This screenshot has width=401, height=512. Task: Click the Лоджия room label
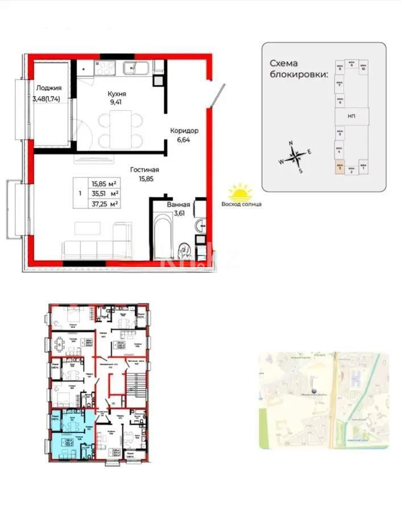point(48,88)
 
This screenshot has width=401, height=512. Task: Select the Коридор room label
point(184,130)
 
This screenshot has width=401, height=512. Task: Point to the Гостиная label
point(144,170)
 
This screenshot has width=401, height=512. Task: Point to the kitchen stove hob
point(105,69)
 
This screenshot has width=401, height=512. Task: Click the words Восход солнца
point(241,205)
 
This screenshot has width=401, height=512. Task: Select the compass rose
point(295,155)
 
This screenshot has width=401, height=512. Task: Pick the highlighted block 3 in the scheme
point(339,168)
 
